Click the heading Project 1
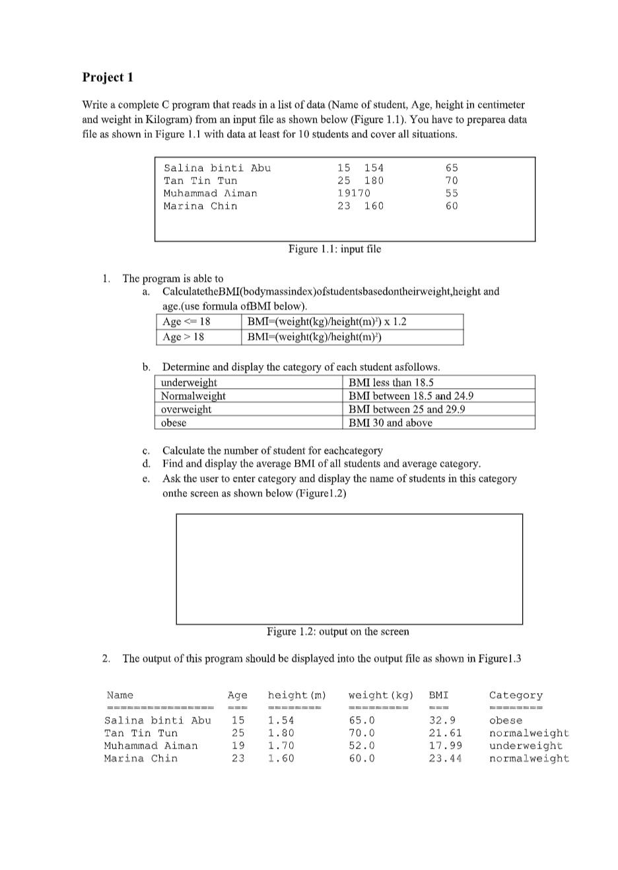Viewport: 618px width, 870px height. (108, 77)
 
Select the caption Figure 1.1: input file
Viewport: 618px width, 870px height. (334, 249)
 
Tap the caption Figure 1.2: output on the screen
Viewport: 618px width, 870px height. (337, 632)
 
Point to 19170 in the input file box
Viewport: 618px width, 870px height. (354, 193)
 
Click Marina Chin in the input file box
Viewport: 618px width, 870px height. (200, 206)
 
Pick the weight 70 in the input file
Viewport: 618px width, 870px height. (452, 181)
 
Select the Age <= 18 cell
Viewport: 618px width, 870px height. (186, 321)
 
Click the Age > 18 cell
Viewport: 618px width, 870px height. (184, 337)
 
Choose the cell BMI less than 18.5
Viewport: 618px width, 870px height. (391, 383)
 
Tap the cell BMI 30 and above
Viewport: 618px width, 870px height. (390, 423)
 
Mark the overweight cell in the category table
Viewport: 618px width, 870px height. (186, 409)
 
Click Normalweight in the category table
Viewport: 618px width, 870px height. (193, 396)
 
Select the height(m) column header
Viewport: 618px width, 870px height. (296, 695)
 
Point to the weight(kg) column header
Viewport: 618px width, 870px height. (380, 695)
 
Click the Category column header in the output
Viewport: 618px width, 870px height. (516, 695)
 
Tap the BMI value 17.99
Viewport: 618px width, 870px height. (445, 746)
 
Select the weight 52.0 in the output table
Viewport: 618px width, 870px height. (362, 746)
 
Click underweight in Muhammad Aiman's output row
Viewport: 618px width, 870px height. (526, 746)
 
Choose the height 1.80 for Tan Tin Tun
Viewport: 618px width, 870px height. (281, 733)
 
